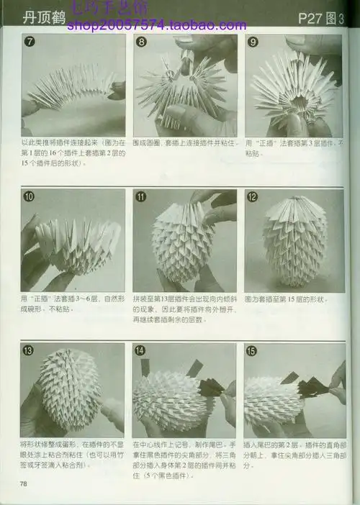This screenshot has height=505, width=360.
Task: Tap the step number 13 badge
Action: pyautogui.click(x=29, y=351)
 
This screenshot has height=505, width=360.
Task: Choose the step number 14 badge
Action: pyautogui.click(x=141, y=351)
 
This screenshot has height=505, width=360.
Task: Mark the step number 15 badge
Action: pyautogui.click(x=253, y=351)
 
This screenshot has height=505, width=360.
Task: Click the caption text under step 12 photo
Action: pyautogui.click(x=287, y=299)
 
